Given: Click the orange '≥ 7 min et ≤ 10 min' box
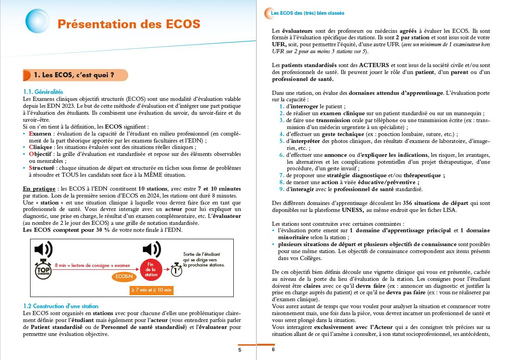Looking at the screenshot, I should coord(151,290).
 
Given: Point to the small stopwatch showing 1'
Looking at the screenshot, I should coord(176,270).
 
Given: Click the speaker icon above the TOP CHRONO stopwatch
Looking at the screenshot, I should coord(44,249).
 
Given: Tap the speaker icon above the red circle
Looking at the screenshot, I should coord(151,249).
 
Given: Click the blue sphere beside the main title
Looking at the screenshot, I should coord(37,21).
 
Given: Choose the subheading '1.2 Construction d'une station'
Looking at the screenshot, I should coord(61,306).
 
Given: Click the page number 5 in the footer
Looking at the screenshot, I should coord(240,350).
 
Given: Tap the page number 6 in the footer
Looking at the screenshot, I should coord(273,350).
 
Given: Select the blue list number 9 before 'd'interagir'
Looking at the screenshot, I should coord(281,189).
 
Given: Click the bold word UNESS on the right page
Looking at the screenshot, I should coord(368,210).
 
